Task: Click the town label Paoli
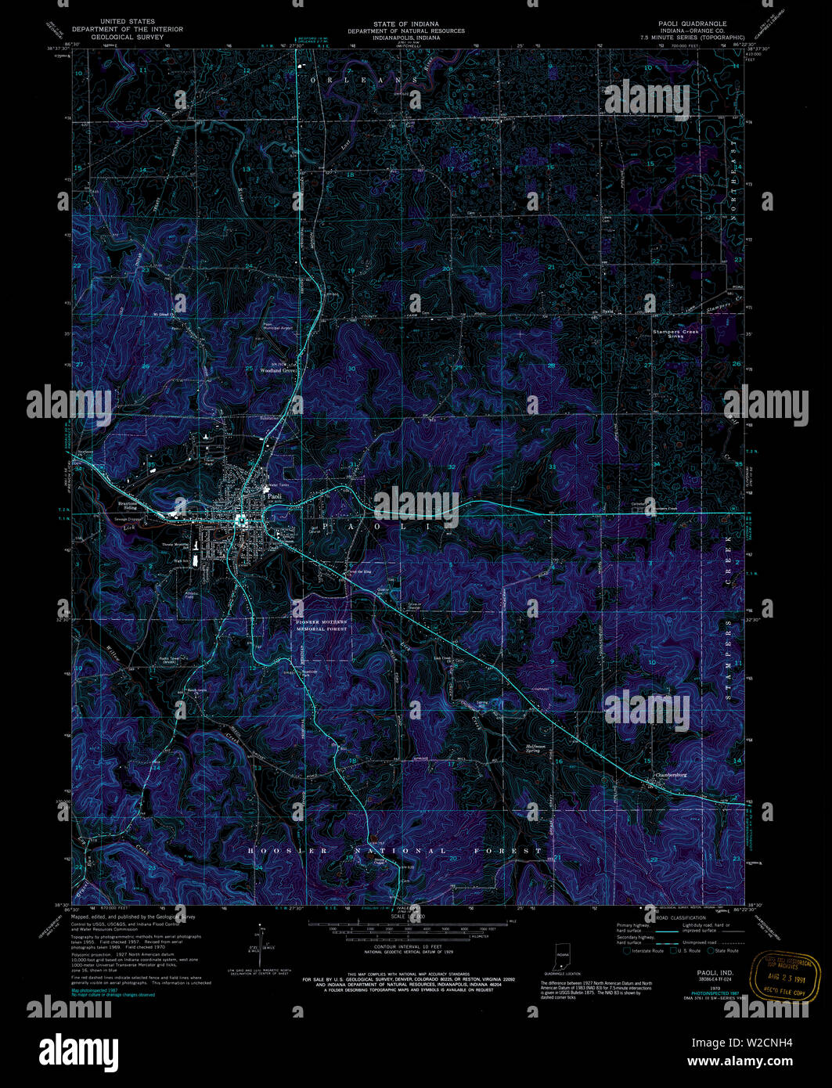274,496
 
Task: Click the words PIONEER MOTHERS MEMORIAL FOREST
321,625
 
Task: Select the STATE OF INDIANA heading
406,23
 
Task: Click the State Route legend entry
723,951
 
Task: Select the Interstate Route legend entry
647,951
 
